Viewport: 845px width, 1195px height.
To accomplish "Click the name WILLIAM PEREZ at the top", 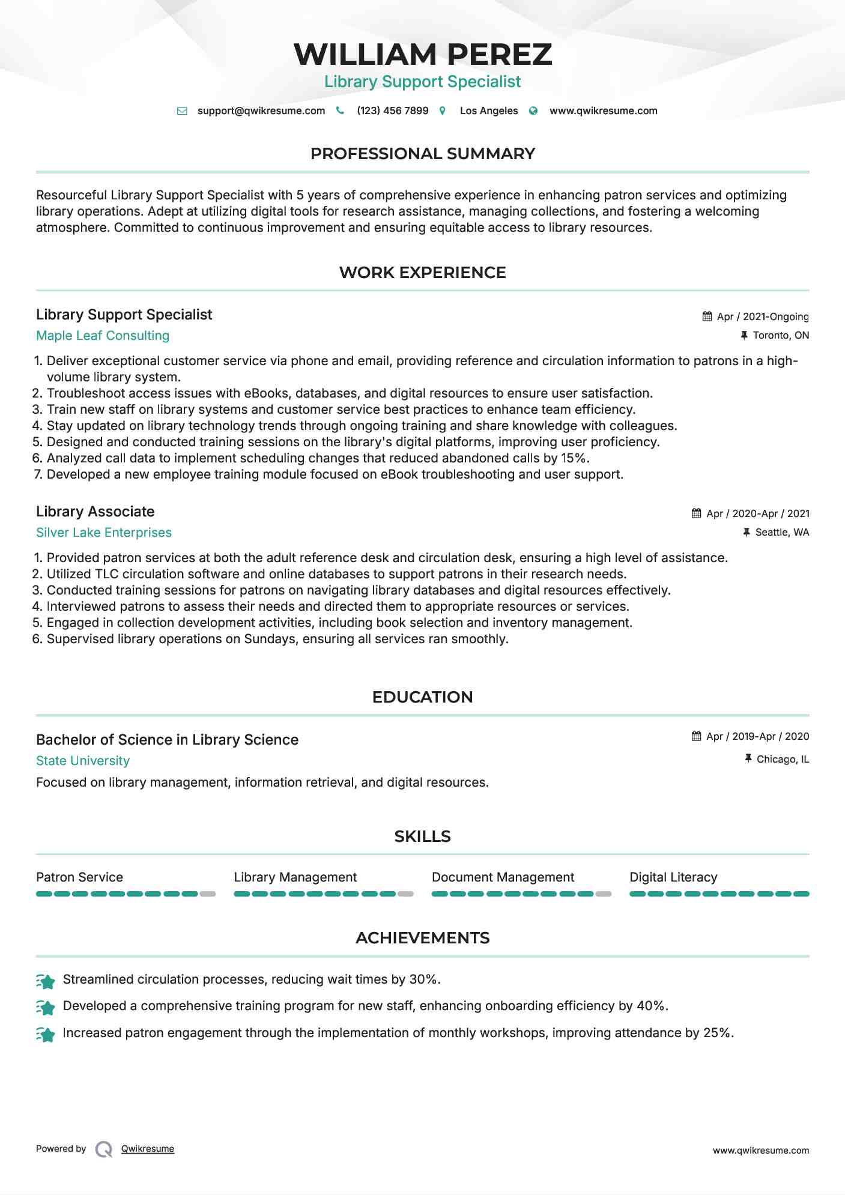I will click(422, 55).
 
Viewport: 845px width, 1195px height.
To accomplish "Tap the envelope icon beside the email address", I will click(182, 111).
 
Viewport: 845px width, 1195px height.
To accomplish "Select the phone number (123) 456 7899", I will click(392, 111).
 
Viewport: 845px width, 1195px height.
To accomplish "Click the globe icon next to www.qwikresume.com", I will click(533, 111).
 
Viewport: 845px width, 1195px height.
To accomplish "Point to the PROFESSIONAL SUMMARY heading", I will click(422, 154).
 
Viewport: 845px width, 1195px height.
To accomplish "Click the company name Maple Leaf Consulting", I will click(103, 336).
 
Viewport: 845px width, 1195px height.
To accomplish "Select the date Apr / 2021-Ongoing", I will click(763, 316).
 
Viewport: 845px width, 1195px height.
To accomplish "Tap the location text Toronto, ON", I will click(781, 335).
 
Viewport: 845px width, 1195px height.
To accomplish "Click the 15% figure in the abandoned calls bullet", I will click(574, 458).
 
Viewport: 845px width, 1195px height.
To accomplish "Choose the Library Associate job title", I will click(95, 512).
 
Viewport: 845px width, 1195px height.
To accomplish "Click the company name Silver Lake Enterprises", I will click(104, 533).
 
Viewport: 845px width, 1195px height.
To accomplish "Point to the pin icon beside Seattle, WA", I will click(747, 532).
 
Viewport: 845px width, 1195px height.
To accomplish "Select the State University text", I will click(83, 761).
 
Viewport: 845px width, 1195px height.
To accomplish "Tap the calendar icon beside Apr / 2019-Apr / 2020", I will click(697, 736).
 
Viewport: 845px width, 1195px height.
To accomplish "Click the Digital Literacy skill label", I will click(673, 877).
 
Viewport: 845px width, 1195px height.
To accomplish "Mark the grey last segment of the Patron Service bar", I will click(208, 894).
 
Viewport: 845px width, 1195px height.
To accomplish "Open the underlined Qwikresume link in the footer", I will click(148, 1149).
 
